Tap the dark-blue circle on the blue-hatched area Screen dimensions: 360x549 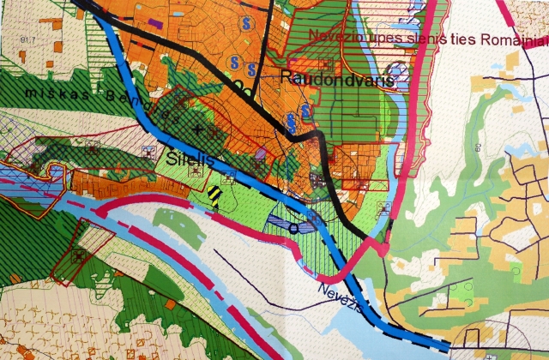tap(293, 227)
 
